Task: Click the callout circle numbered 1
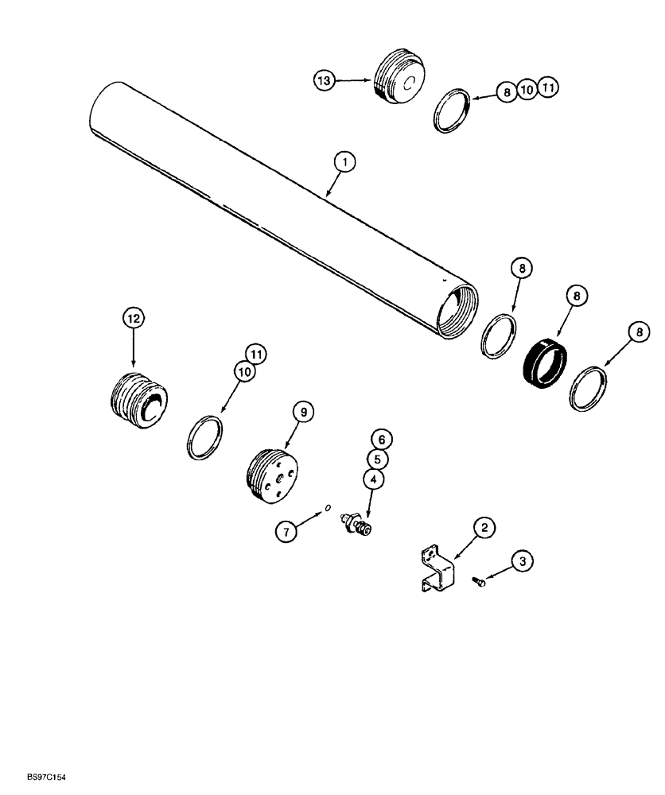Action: pyautogui.click(x=344, y=162)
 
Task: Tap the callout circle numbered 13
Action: pyautogui.click(x=324, y=80)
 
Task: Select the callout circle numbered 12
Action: pyautogui.click(x=133, y=319)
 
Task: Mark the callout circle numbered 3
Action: pyautogui.click(x=522, y=562)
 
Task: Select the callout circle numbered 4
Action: pyautogui.click(x=373, y=479)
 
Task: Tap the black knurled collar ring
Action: pyautogui.click(x=545, y=363)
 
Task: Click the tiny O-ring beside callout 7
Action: pyautogui.click(x=328, y=511)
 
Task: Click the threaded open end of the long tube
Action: pyautogui.click(x=457, y=314)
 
